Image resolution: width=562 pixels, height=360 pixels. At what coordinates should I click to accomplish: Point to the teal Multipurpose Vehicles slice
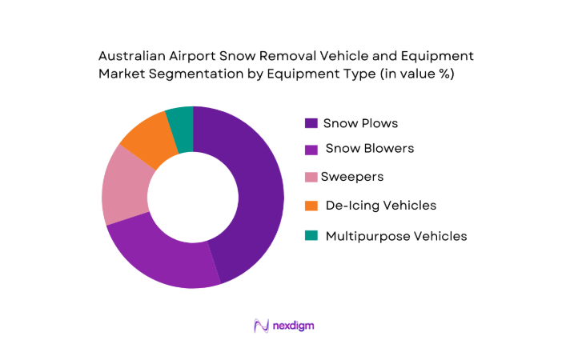coord(181,120)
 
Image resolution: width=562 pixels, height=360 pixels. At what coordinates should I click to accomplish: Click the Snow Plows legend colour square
coord(311,123)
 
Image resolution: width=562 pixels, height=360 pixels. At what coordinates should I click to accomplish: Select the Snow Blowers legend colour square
coord(311,149)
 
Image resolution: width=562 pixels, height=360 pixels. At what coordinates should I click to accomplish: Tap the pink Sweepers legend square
coord(311,176)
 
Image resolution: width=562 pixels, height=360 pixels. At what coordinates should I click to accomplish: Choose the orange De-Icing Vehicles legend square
coord(311,206)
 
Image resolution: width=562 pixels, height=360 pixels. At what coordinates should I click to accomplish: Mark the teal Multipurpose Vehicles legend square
coord(311,236)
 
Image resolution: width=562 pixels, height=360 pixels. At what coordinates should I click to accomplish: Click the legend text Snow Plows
coord(360,123)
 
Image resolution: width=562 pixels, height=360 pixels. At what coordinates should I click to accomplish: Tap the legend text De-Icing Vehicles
coord(381,206)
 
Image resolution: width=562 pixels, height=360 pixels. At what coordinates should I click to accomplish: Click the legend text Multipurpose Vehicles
coord(396,236)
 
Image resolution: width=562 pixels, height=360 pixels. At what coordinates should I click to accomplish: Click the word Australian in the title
coord(133,57)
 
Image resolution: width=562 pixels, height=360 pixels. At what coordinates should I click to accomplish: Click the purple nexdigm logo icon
coord(261,326)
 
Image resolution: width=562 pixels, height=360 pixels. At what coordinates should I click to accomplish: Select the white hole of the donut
coord(193,197)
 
